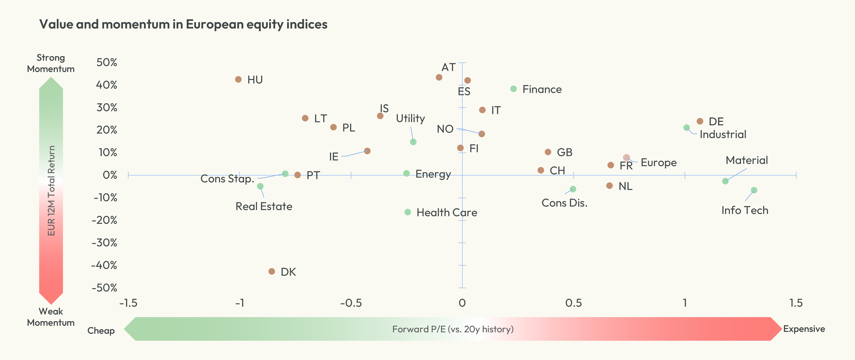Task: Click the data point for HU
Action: coord(238,79)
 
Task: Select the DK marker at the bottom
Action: coord(272,271)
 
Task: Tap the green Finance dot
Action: coord(514,89)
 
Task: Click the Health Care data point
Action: coord(408,212)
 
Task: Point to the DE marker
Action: coord(700,121)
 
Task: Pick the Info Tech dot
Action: coord(754,190)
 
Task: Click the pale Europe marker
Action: coord(626,157)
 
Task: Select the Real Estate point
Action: coord(260,186)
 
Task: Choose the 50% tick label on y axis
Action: coord(107,62)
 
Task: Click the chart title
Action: coord(183,24)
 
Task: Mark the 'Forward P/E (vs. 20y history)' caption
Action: coord(453,329)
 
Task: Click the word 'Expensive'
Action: coord(804,329)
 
